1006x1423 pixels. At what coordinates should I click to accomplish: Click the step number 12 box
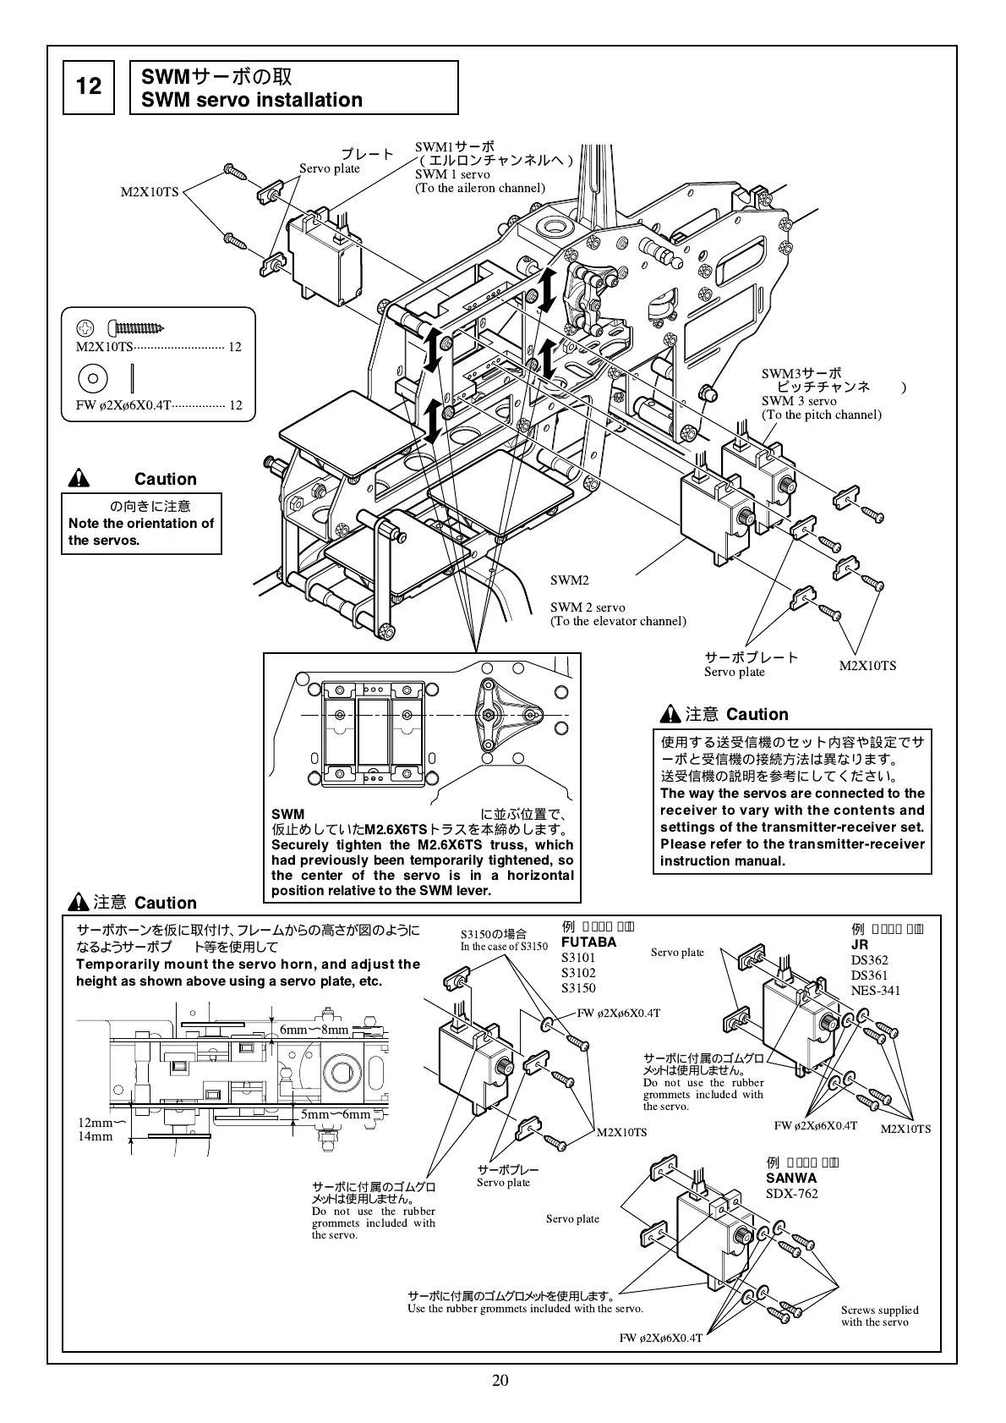tap(89, 86)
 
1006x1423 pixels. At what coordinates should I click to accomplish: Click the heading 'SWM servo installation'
tap(252, 100)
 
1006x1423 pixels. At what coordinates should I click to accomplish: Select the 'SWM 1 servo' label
tap(452, 174)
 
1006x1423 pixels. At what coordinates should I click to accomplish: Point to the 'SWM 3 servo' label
tap(799, 401)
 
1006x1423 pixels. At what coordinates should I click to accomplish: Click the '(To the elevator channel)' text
tap(618, 621)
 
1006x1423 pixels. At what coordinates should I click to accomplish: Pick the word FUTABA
tap(589, 942)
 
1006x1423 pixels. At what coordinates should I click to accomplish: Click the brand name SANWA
tap(791, 1178)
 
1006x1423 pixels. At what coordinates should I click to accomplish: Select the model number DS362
tap(870, 959)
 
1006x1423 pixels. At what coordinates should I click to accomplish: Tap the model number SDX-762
tap(792, 1194)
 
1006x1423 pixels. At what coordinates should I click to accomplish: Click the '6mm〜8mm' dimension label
tap(314, 1030)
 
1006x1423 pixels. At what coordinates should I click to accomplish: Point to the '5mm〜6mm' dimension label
tap(336, 1114)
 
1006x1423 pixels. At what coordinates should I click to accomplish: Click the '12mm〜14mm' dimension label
tap(96, 1129)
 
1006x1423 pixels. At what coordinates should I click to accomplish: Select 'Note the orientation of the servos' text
tap(141, 531)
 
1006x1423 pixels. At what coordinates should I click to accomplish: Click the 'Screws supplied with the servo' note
tap(879, 1316)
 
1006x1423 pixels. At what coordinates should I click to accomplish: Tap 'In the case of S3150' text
tap(504, 947)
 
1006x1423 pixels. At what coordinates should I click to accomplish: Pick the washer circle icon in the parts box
tap(93, 376)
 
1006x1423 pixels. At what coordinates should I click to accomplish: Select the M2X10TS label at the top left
tap(150, 192)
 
